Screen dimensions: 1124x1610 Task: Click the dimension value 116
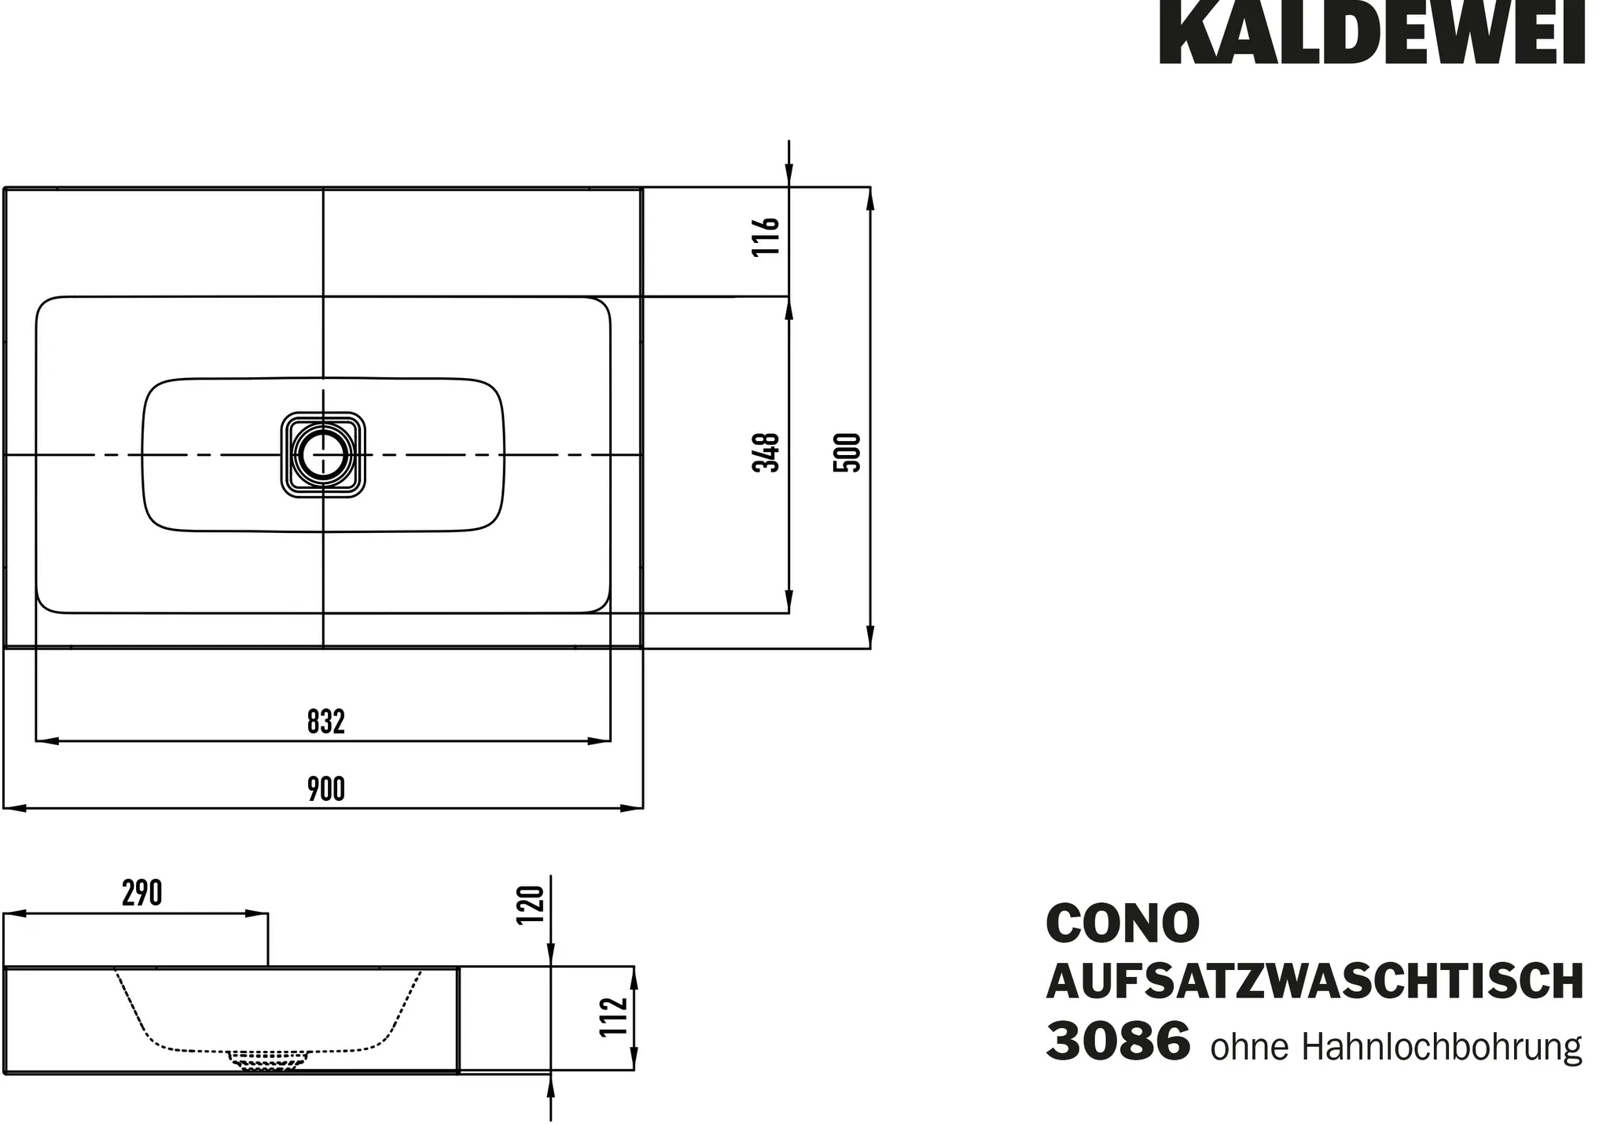point(766,236)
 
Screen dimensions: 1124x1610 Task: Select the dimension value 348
point(766,452)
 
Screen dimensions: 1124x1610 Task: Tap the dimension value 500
point(847,452)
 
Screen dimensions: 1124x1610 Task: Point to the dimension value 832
point(325,722)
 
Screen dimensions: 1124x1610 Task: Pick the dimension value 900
point(325,789)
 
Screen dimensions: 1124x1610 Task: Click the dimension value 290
point(142,894)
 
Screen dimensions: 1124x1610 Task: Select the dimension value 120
point(531,905)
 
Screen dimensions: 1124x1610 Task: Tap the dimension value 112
point(614,1017)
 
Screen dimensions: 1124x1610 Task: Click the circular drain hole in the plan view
point(323,455)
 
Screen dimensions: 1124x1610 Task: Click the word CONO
point(1123,924)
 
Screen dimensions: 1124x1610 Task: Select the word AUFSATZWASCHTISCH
point(1314,983)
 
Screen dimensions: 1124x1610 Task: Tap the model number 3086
point(1117,1041)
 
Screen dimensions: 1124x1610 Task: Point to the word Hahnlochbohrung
point(1442,1048)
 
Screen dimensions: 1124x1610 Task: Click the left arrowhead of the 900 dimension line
point(14,808)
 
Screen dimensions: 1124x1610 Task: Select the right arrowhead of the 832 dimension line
point(601,740)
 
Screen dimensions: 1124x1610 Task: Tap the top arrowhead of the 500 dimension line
point(870,198)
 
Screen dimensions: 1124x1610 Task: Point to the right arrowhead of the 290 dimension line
point(258,914)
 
